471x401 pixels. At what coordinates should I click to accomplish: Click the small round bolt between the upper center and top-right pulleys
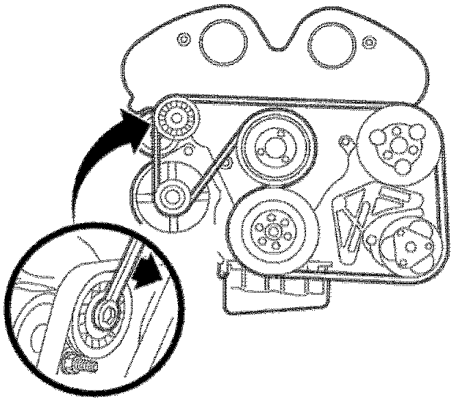tap(346, 143)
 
